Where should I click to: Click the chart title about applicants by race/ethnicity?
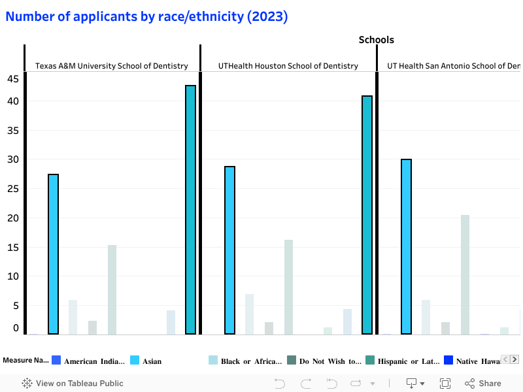[x=146, y=17]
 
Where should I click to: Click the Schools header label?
[x=376, y=40]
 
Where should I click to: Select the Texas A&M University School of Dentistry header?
[x=111, y=66]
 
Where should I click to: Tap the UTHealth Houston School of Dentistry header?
[x=288, y=66]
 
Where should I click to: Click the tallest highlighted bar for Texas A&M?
[x=190, y=209]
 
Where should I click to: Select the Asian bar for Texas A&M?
[x=54, y=254]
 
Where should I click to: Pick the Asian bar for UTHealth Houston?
[x=229, y=250]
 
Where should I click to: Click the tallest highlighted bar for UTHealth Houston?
[x=367, y=215]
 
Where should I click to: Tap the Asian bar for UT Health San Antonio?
[x=406, y=246]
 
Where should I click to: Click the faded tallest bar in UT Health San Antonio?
[x=465, y=274]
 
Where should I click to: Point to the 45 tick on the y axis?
[x=12, y=79]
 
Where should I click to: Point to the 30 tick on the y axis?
[x=12, y=159]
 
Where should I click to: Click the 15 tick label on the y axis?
[x=12, y=248]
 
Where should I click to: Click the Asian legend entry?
[x=146, y=361]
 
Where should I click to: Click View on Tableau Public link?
[x=73, y=384]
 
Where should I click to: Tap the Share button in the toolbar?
[x=483, y=384]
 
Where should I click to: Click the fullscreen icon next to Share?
[x=445, y=384]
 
